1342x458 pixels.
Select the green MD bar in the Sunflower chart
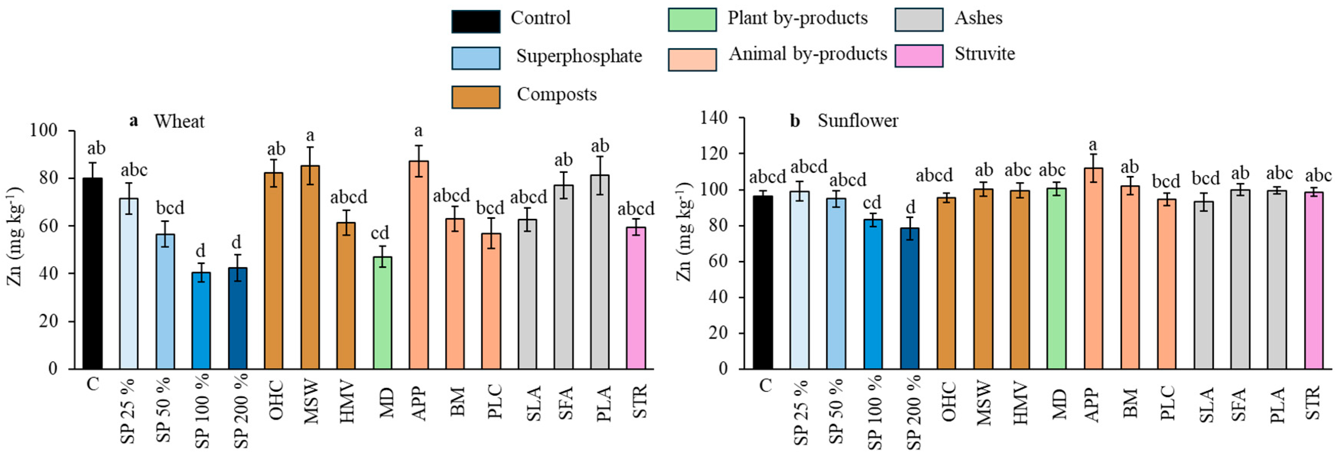(1056, 279)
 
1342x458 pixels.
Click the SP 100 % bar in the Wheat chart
(201, 320)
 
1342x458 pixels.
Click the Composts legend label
(556, 95)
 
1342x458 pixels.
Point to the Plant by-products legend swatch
(692, 20)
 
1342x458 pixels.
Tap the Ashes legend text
(978, 18)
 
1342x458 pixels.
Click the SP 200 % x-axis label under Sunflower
(914, 412)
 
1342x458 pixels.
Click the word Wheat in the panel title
(179, 122)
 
